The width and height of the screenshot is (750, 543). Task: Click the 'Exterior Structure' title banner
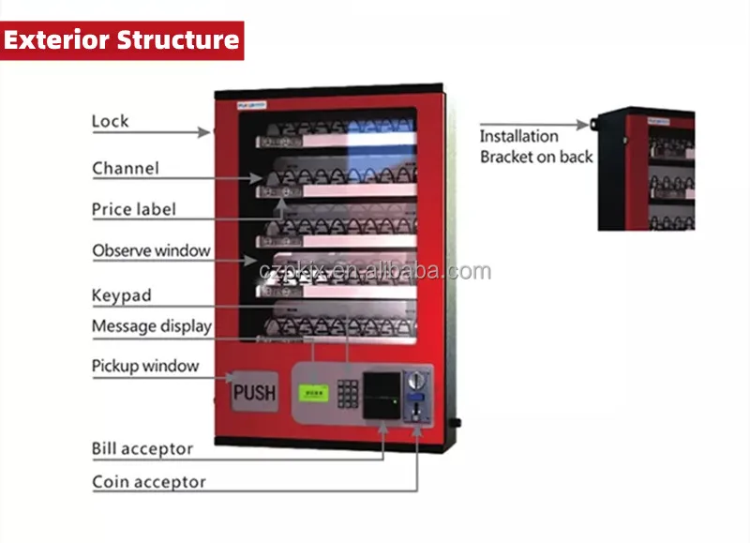pos(122,41)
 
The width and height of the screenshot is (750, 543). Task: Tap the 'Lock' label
pos(110,121)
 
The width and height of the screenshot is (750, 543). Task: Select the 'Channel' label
pos(126,169)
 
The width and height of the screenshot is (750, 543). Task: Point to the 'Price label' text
pos(133,209)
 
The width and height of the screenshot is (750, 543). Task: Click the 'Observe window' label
pos(151,250)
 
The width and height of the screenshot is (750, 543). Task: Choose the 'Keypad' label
pos(121,295)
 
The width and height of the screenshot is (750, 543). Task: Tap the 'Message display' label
pos(151,326)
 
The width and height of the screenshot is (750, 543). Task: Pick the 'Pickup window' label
pos(145,366)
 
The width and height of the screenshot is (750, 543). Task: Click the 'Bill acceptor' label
pos(142,449)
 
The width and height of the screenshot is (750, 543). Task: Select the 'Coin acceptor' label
pos(148,483)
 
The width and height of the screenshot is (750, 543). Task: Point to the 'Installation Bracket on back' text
pos(536,146)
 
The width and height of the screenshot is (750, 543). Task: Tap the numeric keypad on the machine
pos(348,392)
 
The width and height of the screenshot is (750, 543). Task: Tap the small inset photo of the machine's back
pos(646,169)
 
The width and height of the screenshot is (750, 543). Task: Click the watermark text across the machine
pos(375,272)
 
